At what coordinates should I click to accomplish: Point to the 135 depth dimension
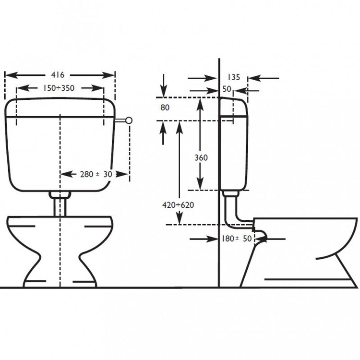pos(233,77)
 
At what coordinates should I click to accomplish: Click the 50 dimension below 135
pos(227,89)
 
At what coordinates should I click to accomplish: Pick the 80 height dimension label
pos(165,108)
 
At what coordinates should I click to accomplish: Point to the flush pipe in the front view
pos(60,204)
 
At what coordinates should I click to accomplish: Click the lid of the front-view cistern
pos(60,107)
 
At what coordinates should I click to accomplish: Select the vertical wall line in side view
pos(219,192)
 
